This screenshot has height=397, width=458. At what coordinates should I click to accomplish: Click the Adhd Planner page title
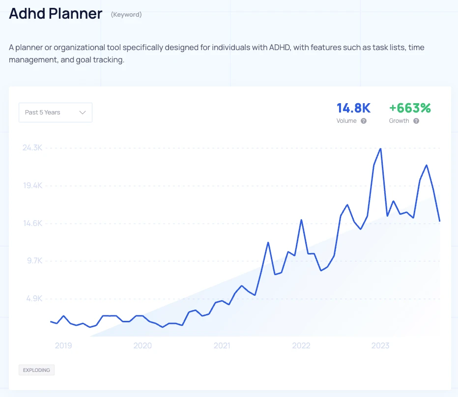tap(56, 14)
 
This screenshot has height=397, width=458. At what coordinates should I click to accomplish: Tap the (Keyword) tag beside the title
tap(126, 15)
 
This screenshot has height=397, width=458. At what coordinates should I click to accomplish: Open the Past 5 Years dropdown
tap(55, 113)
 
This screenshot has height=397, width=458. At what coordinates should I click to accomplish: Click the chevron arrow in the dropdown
tap(83, 113)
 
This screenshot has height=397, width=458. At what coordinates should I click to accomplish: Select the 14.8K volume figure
tap(353, 108)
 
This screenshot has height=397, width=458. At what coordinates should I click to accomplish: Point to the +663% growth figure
tap(410, 108)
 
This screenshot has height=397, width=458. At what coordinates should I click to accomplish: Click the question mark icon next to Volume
tap(364, 121)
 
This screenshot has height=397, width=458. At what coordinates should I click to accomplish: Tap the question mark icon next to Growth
tap(416, 121)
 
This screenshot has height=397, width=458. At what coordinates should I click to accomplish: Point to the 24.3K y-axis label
tap(32, 148)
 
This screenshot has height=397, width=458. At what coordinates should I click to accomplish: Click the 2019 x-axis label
tap(63, 346)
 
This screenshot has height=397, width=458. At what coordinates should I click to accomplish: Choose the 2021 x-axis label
tap(222, 346)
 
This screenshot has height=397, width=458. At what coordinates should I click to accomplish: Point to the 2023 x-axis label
tap(380, 346)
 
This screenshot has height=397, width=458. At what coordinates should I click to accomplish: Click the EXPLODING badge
tap(36, 370)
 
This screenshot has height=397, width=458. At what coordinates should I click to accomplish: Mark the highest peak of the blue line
tap(380, 148)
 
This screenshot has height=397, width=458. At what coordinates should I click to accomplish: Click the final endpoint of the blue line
tap(439, 221)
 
